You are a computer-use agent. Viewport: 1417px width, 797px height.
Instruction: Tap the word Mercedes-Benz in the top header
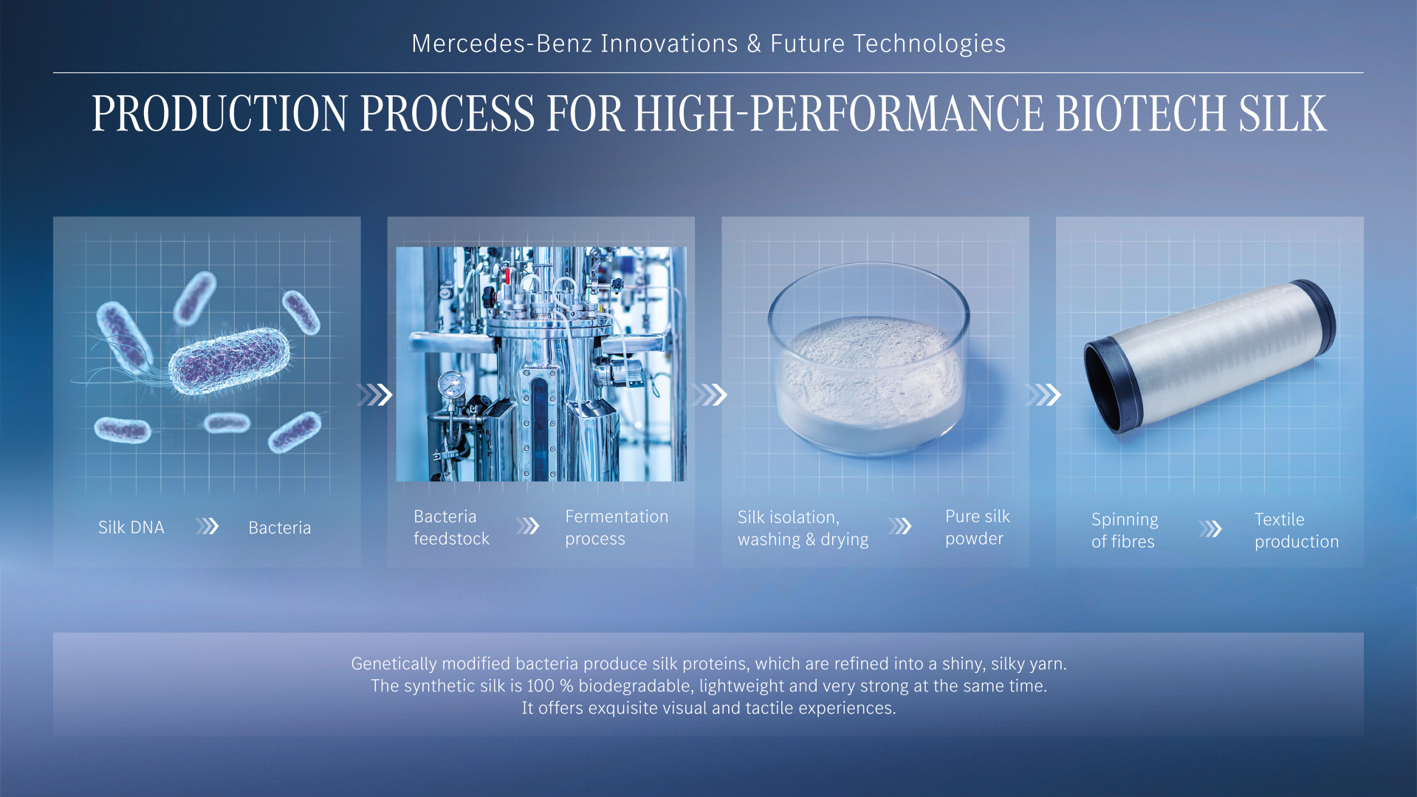click(501, 44)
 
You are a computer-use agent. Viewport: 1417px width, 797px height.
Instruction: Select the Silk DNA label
click(131, 527)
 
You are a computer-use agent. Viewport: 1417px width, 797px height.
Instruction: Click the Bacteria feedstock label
click(451, 527)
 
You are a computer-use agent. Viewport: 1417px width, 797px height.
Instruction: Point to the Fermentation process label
click(617, 527)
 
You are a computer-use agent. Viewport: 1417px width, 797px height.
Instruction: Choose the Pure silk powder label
click(978, 527)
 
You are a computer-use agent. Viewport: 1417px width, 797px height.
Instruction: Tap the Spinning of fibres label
click(1125, 530)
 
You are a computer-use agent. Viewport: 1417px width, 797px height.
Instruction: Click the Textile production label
click(1297, 530)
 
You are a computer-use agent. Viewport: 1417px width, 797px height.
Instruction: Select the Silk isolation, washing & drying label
click(803, 528)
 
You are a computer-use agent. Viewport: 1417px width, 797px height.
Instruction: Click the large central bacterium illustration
click(230, 362)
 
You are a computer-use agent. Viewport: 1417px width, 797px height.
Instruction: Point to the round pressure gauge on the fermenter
click(451, 384)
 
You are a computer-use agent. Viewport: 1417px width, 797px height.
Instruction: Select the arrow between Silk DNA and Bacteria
click(207, 526)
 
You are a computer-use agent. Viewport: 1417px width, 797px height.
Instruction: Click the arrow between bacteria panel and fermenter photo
click(375, 395)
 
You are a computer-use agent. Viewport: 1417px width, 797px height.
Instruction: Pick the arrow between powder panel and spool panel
click(1043, 395)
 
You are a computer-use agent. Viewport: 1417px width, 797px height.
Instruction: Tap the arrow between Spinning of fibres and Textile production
click(1210, 529)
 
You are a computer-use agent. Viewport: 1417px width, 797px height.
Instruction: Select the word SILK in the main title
click(1283, 114)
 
